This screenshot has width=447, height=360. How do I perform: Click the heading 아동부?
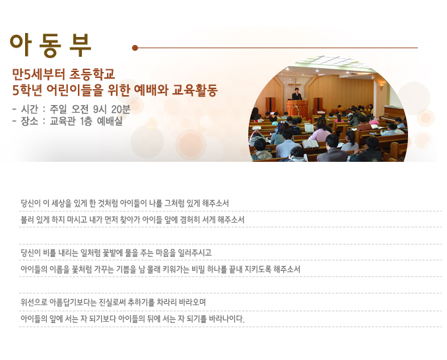[x=50, y=46]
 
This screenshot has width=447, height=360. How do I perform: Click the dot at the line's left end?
[x=135, y=48]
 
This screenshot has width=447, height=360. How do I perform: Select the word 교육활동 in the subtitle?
[x=195, y=90]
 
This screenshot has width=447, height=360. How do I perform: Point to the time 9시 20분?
[x=112, y=109]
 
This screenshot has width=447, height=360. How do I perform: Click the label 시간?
[x=29, y=109]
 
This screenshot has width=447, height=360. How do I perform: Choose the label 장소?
[x=29, y=122]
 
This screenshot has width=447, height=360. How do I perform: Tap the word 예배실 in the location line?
[x=110, y=122]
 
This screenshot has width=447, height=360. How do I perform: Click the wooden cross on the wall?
[x=294, y=85]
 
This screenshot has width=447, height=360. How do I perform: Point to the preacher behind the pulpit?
[x=296, y=94]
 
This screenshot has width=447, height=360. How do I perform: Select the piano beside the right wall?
[x=393, y=114]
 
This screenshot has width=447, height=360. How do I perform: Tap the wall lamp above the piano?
[x=381, y=87]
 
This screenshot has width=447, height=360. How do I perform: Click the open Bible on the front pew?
[x=310, y=144]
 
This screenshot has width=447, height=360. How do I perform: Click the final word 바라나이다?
[x=226, y=318]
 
